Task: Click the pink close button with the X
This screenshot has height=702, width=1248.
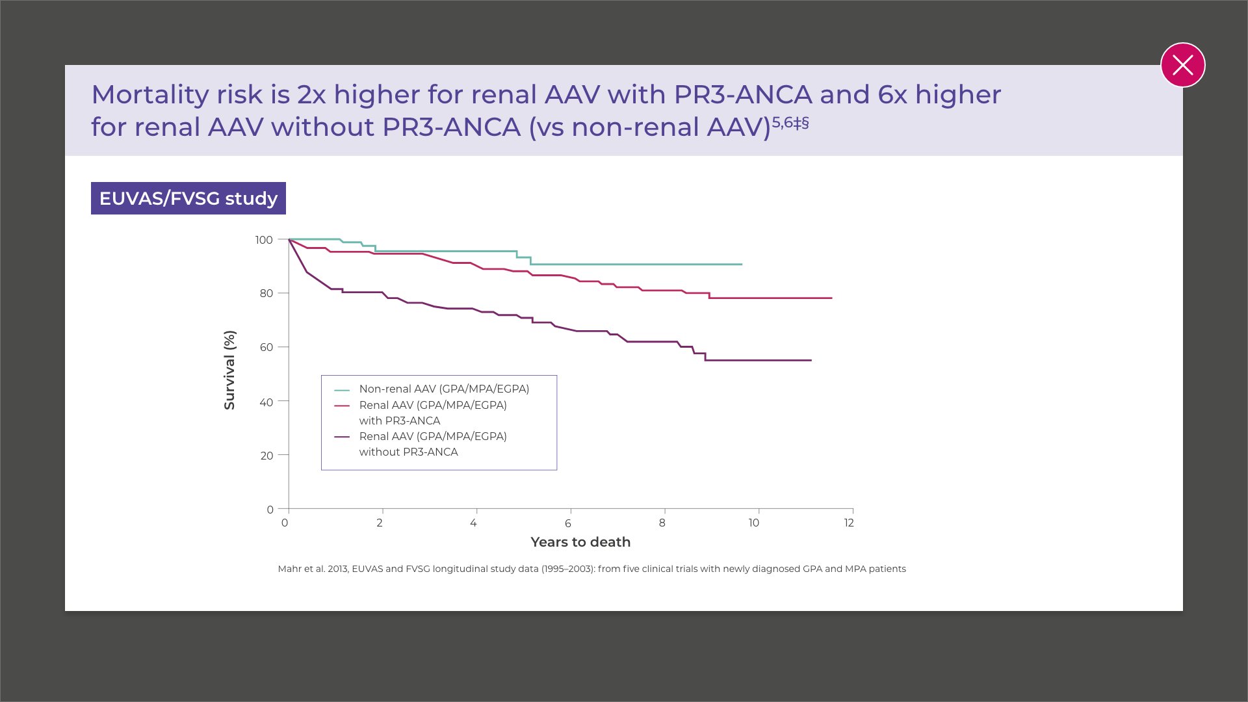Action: [x=1182, y=65]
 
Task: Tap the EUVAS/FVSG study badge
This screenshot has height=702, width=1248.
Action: [x=188, y=198]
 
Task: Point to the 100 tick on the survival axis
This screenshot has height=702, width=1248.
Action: [x=264, y=240]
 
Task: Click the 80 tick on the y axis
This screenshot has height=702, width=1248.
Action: [x=266, y=293]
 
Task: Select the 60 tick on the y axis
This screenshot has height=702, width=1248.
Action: [x=266, y=347]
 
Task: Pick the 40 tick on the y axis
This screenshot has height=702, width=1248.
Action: [x=266, y=402]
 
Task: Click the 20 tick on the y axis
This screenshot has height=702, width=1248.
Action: [x=266, y=456]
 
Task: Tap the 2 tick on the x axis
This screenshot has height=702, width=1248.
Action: [x=380, y=523]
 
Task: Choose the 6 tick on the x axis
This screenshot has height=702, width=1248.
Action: [x=568, y=523]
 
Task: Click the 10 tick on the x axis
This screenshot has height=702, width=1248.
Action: [x=754, y=523]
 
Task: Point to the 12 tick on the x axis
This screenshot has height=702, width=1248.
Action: [x=849, y=523]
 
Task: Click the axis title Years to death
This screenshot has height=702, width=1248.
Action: [x=580, y=542]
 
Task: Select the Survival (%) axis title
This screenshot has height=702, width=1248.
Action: [x=229, y=370]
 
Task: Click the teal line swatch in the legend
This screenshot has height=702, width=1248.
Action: [x=342, y=390]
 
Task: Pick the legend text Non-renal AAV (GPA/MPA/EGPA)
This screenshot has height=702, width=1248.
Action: [x=444, y=389]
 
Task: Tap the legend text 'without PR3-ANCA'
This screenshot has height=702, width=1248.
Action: [x=408, y=452]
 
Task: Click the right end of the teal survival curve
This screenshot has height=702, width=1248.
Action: [x=742, y=265]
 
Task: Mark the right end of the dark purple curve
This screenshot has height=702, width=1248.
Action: [x=811, y=360]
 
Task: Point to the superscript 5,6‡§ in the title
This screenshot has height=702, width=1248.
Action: [x=790, y=122]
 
